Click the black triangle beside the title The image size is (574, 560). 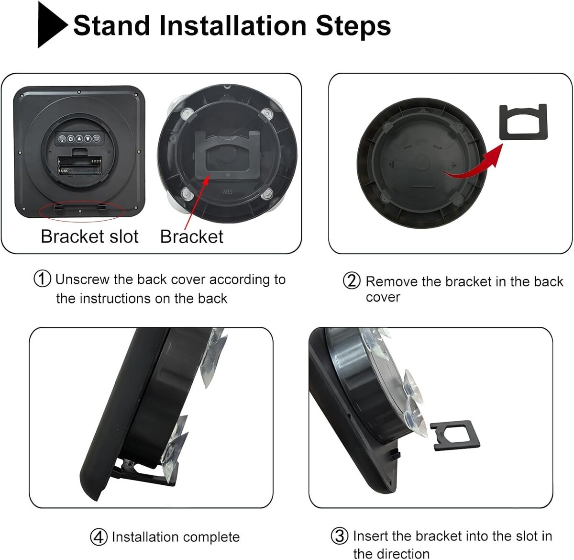50,25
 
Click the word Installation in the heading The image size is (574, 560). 233,26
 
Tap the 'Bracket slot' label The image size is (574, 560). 89,236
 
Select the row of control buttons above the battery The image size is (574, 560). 79,139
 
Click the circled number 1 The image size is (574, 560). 42,279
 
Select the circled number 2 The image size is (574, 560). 351,281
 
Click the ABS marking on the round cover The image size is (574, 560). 227,192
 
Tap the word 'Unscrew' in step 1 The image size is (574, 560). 82,280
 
